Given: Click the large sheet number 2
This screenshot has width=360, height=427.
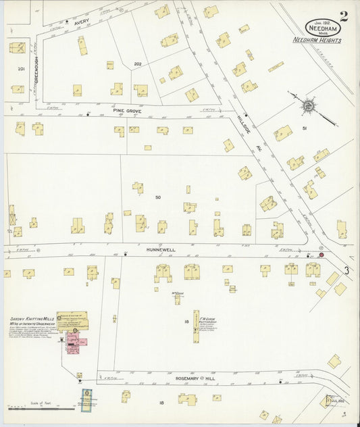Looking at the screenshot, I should coord(344,16).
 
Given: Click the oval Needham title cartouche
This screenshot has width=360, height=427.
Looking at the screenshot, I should coord(324,28).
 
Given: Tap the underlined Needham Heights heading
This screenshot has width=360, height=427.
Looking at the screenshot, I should coord(317,41).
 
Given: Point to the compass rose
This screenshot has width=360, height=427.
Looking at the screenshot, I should coord(309,105).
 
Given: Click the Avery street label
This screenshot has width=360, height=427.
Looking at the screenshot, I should coord(82,22).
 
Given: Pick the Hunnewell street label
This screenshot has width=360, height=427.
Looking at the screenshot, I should coord(161,249).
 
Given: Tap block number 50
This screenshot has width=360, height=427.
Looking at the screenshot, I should coord(157,197).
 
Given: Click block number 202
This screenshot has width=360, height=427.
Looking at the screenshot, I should coord(137,64).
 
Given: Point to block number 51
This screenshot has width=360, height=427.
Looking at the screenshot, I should coord(305,128).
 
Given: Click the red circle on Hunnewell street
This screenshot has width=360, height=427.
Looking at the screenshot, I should coord(322,255).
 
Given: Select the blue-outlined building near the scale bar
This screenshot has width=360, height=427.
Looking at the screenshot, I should coord(86,400).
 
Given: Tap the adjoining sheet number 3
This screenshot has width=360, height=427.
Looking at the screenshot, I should coord(346,271).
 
